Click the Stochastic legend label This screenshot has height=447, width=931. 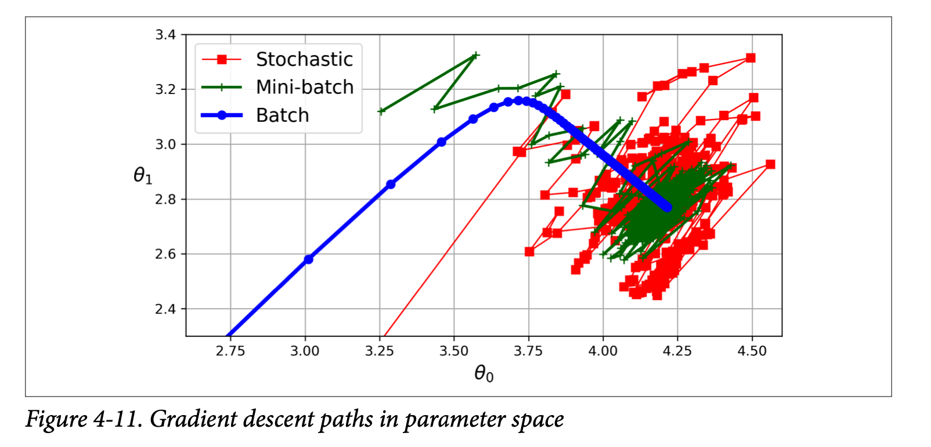coord(304,59)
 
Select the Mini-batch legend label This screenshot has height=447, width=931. coord(305,87)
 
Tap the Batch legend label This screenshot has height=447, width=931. coord(283,116)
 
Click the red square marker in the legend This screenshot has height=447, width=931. coord(221,59)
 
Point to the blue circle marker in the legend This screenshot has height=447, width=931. coord(221,116)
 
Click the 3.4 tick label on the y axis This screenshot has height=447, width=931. coord(165,35)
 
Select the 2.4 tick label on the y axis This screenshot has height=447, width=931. coord(165,309)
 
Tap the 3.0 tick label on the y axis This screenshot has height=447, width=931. coord(165,145)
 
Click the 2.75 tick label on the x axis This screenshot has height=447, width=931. coord(230,351)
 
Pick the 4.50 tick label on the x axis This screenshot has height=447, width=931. coord(752,351)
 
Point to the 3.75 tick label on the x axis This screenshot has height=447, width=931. coord(528,351)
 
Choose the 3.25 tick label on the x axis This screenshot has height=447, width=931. coord(380,351)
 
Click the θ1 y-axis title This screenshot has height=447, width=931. coord(143,175)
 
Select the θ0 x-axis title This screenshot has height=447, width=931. coord(483,373)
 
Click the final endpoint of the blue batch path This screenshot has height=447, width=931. coord(667,207)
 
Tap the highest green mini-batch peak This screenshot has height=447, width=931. coord(476,56)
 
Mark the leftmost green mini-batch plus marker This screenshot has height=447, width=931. coord(381,111)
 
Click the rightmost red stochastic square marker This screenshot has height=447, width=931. coord(770,164)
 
